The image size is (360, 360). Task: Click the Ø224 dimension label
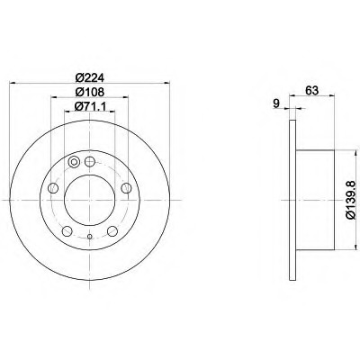[x=90, y=77]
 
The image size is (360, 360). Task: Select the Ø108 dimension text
[x=89, y=92]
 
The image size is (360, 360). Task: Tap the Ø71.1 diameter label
[x=90, y=106]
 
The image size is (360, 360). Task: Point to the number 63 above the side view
[x=311, y=90]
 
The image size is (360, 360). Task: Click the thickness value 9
[x=276, y=103]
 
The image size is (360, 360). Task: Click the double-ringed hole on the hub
[x=74, y=162]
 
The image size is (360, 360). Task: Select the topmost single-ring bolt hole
[x=90, y=162]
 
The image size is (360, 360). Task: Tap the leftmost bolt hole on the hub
[x=53, y=188]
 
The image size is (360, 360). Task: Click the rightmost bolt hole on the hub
[x=126, y=188]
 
